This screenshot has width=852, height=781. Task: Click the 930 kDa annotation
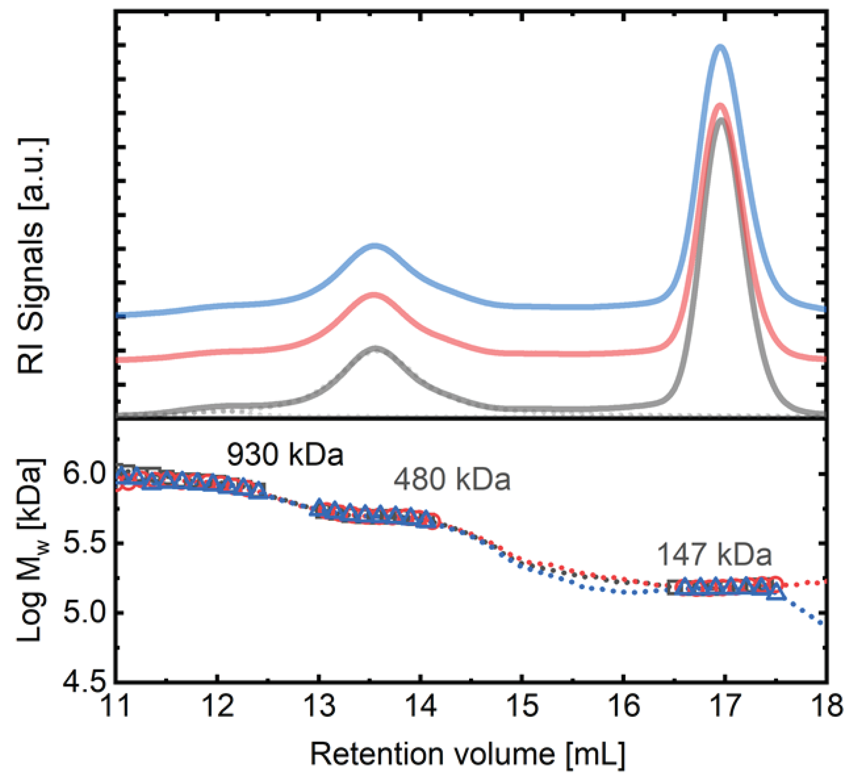point(285,455)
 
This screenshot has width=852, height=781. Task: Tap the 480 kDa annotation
point(452,481)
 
